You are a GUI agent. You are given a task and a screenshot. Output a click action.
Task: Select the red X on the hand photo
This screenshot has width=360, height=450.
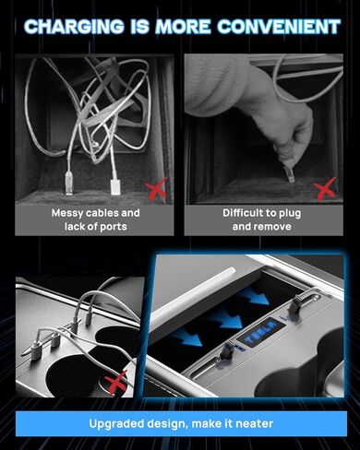[324, 190]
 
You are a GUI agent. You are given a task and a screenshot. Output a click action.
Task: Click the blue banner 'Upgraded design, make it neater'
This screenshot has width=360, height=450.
[180, 424]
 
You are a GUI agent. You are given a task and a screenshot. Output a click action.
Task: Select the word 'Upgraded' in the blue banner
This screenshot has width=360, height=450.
[117, 424]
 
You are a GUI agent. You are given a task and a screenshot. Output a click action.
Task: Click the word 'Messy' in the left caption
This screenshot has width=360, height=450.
[68, 212]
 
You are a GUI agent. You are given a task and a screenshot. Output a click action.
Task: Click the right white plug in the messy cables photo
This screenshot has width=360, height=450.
[116, 184]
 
